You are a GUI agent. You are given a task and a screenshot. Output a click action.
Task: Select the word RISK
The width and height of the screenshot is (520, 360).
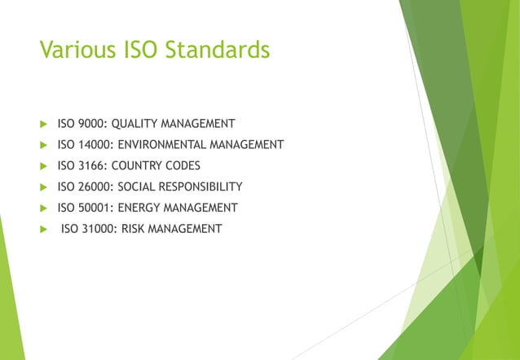click(136, 229)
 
